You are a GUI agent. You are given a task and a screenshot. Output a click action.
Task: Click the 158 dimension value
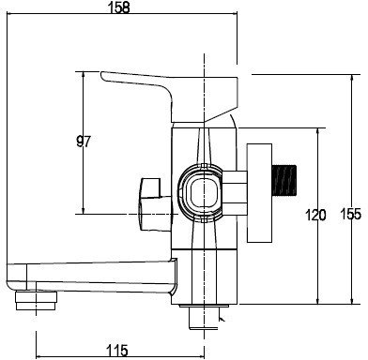click(118, 7)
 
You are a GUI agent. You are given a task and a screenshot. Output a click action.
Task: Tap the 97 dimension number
click(84, 142)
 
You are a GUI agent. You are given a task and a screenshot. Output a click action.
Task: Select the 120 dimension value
click(315, 215)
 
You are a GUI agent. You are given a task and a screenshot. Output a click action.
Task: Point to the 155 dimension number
click(350, 215)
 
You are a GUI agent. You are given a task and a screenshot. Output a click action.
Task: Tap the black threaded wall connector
click(284, 180)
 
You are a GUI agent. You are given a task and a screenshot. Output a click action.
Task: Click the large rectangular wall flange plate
click(259, 193)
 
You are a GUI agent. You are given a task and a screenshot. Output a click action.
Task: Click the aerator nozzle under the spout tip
click(37, 300)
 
